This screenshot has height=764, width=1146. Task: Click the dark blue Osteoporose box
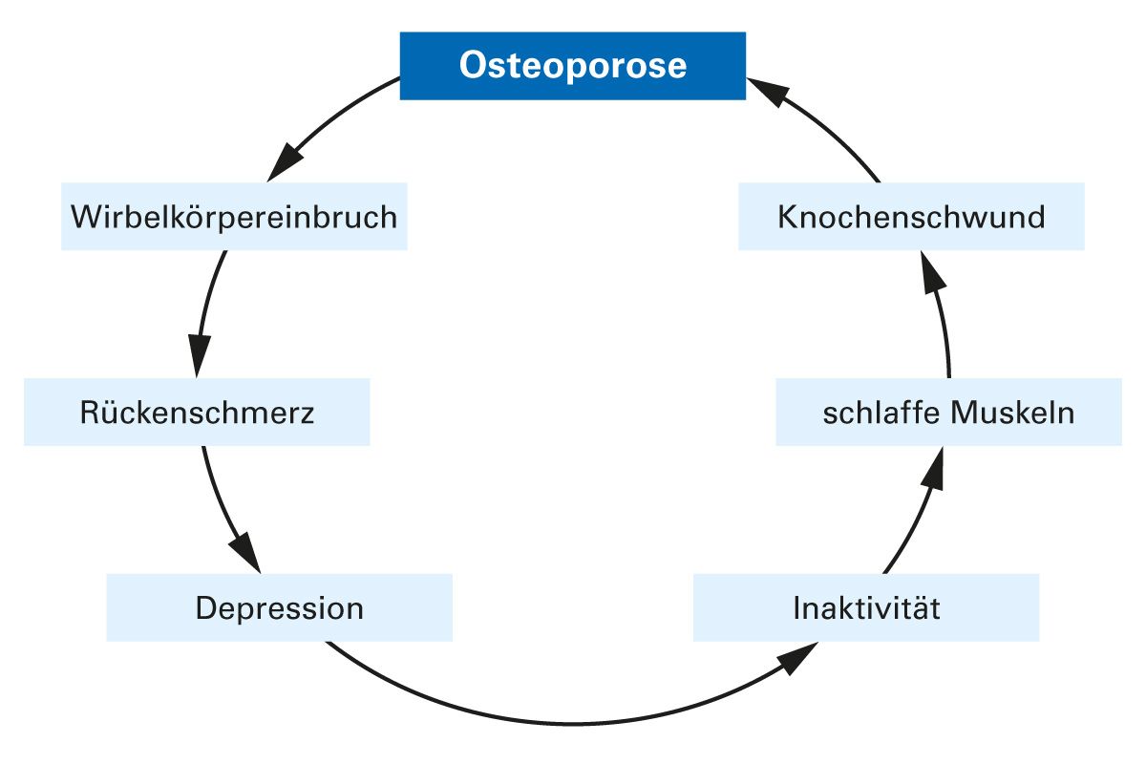coord(572,66)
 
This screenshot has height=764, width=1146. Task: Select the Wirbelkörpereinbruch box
coord(234,217)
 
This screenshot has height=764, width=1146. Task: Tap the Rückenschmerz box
coord(197,413)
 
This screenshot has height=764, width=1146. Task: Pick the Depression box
coord(279,607)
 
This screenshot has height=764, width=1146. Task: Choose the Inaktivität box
coord(866,607)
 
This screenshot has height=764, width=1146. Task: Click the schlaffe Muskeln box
coord(948,413)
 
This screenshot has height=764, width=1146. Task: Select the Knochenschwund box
coord(911,217)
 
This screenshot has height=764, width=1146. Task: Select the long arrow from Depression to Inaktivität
coord(573,721)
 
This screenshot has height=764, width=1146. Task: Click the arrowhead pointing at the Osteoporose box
coord(768,92)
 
